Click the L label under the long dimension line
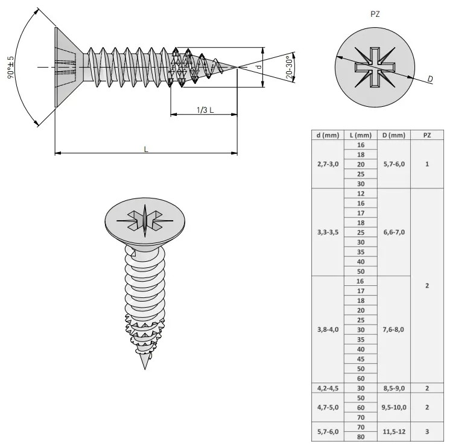tap(146, 148)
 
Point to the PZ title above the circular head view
tap(375, 13)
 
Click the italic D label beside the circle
tap(430, 79)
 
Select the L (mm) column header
tap(360, 135)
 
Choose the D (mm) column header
tap(393, 135)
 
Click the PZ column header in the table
tap(427, 135)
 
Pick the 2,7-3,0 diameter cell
tap(328, 164)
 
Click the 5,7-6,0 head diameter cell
tap(393, 164)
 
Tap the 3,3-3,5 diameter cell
tap(328, 232)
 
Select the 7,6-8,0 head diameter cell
tap(393, 329)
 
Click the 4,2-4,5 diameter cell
tap(328, 388)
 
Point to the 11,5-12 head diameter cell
tap(393, 431)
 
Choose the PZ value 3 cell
tap(427, 431)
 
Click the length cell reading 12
tap(360, 194)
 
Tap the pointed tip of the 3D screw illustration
tap(145, 367)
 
